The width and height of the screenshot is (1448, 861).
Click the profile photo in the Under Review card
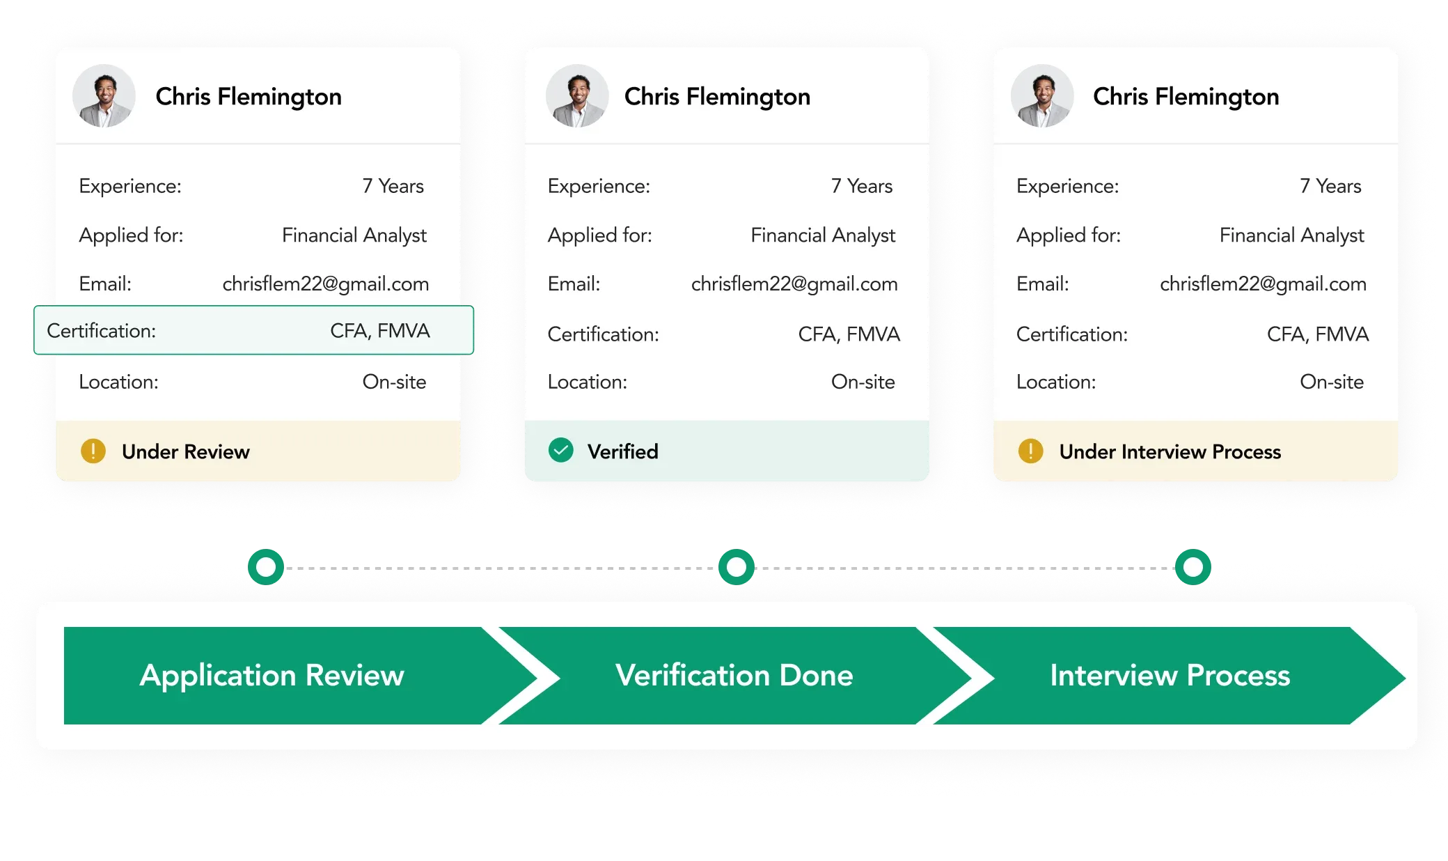coord(104,96)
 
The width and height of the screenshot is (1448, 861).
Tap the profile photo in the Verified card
coord(576,96)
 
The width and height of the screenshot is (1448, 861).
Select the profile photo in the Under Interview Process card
coord(1041,96)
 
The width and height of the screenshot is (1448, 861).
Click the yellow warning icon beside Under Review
coord(93,451)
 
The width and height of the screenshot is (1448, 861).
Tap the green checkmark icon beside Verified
coord(561,451)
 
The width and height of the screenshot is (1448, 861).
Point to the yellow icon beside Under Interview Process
coord(1030,451)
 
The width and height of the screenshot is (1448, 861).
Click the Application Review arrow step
coord(272,676)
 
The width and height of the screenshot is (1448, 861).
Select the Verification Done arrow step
coord(734,676)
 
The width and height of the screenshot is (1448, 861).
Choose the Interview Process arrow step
coord(1170,676)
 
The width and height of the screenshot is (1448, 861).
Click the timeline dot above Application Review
coord(266,566)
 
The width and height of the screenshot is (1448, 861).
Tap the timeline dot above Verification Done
coord(737,566)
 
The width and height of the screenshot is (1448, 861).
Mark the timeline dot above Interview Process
coord(1193,566)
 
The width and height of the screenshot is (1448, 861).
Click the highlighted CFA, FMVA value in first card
coord(380,331)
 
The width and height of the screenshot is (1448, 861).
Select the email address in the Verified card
coord(794,284)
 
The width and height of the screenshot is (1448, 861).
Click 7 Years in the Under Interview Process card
coord(1330,186)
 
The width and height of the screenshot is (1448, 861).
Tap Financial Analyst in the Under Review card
coord(354,235)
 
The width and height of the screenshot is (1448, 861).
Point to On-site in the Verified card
coord(863,382)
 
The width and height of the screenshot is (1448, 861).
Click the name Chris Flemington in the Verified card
coord(717,97)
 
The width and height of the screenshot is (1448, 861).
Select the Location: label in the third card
coord(1056,382)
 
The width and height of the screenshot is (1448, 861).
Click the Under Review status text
coord(185,452)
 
